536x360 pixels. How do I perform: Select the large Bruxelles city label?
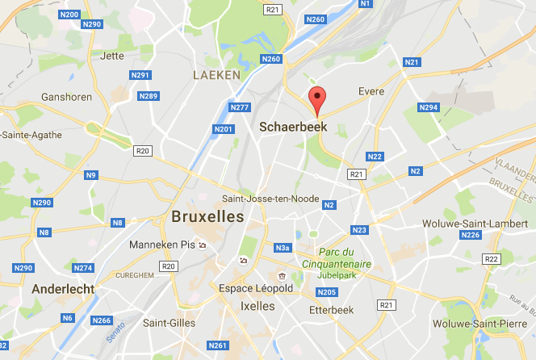point(207,216)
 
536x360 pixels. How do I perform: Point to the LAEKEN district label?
point(216,74)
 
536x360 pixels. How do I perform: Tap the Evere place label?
point(371,91)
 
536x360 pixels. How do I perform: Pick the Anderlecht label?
point(63,288)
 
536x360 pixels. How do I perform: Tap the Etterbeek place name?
point(333,309)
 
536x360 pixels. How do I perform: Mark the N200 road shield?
point(69,15)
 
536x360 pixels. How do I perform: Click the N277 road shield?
point(240,107)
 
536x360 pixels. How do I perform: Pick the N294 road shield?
point(429,107)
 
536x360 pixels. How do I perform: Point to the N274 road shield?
point(83,267)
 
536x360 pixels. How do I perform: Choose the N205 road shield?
point(327,292)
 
